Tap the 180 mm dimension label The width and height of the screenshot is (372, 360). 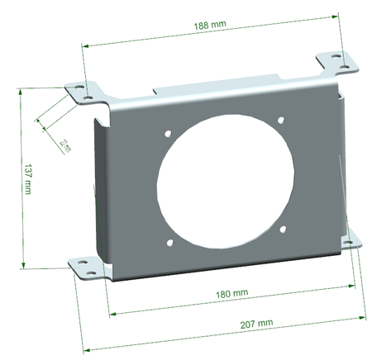point(235,293)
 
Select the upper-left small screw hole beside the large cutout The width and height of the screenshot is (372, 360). point(168,132)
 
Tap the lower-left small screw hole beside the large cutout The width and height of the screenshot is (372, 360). point(171,242)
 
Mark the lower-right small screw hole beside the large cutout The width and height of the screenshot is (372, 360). point(283,230)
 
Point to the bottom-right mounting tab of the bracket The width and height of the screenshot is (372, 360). point(351,239)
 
